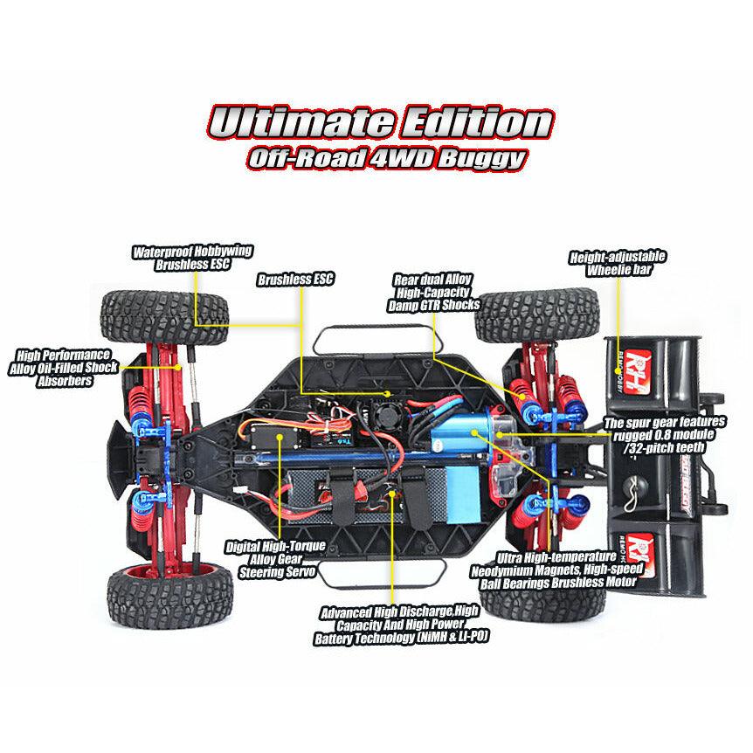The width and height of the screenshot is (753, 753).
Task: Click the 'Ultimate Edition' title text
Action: click(x=379, y=122)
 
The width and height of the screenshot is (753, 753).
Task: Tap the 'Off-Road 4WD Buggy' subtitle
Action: click(x=386, y=159)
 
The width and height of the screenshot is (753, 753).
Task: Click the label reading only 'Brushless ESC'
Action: click(x=295, y=280)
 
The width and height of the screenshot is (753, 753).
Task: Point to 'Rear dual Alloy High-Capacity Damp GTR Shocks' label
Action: click(x=434, y=292)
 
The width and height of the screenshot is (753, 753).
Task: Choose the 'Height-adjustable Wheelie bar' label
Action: click(x=617, y=263)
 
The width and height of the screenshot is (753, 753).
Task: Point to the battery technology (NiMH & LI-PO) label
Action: click(x=399, y=625)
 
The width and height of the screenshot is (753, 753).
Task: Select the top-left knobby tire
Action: click(x=165, y=315)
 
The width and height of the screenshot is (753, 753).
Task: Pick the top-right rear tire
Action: click(x=536, y=313)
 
